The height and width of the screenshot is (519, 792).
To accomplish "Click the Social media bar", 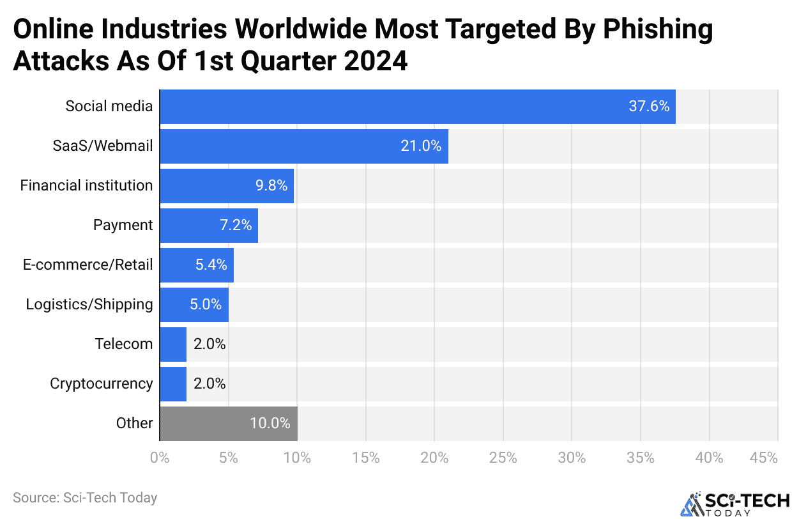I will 417,106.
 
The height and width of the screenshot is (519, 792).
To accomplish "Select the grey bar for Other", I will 228,423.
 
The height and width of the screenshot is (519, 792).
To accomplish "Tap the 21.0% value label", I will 421,146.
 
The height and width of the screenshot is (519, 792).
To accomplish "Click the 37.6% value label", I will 649,106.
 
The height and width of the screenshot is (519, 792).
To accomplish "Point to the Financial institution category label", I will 86,185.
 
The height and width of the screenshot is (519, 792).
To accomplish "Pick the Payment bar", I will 208,225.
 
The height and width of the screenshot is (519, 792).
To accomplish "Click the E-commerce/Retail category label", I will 88,265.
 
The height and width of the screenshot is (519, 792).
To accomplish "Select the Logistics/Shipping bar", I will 194,304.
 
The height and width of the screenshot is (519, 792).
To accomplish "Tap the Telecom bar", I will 172,344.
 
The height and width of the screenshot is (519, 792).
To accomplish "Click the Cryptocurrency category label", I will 101,383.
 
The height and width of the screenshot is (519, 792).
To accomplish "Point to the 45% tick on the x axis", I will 764,458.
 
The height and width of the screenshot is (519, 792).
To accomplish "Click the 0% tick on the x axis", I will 160,458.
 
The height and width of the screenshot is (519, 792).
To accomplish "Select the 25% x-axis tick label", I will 503,458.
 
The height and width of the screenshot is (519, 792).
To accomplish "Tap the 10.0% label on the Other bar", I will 270,423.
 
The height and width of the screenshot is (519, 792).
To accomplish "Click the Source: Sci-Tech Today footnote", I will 84,497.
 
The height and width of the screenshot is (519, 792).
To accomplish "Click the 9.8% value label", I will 271,185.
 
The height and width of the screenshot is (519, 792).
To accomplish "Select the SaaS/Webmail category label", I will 103,146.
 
